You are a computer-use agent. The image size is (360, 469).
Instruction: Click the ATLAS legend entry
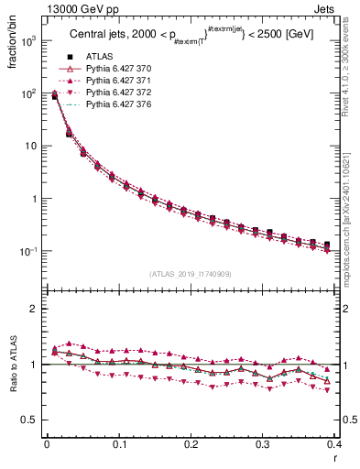99,57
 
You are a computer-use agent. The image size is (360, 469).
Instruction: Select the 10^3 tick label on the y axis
28,42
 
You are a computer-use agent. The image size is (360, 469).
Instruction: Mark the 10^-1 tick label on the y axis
28,252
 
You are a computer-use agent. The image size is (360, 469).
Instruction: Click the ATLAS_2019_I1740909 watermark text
191,274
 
